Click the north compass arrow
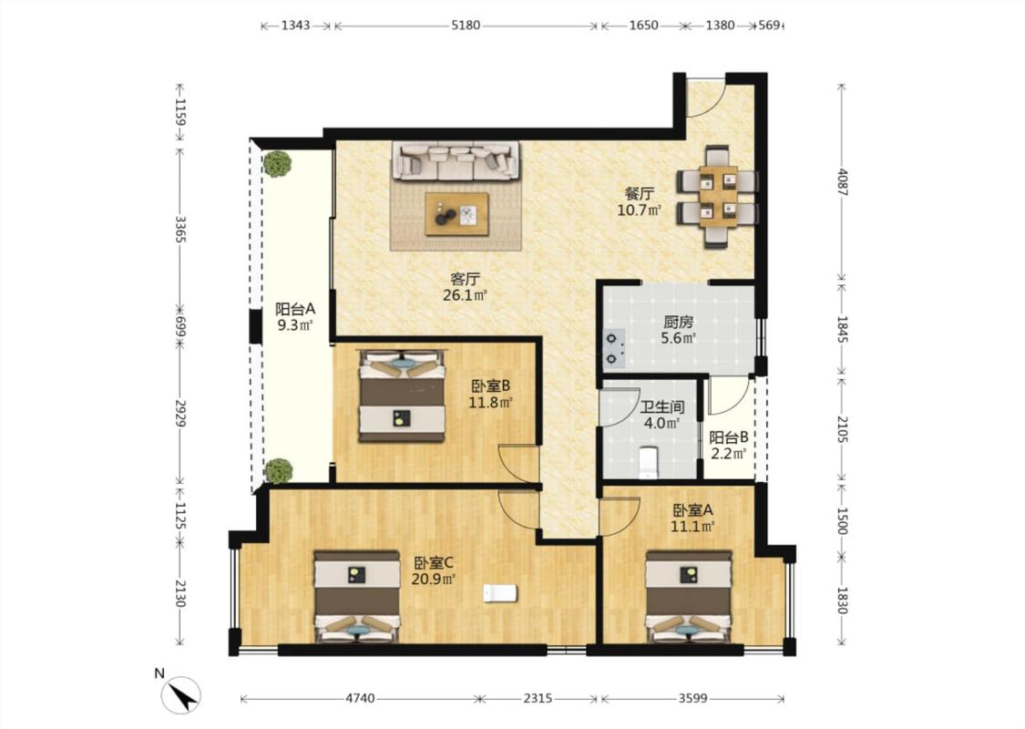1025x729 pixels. pos(180,695)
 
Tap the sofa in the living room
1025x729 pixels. pos(456,160)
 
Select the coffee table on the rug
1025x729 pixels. pos(456,214)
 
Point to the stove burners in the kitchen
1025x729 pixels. pos(612,348)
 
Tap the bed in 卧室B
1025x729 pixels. pos(403,395)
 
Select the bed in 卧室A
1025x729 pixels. pos(689,596)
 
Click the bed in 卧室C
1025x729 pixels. pos(357,596)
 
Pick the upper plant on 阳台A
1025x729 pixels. pos(278,163)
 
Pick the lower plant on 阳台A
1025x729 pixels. pos(279,471)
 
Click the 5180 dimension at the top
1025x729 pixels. pos(466,26)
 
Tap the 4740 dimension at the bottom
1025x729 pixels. pos(360,698)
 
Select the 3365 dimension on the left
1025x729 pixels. pos(180,228)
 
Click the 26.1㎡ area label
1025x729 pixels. pos(466,295)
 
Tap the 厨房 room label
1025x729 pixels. pos(678,322)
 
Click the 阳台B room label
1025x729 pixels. pos(729,437)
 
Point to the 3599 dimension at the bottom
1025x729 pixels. pos(692,698)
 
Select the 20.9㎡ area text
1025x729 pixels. pos(434,579)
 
